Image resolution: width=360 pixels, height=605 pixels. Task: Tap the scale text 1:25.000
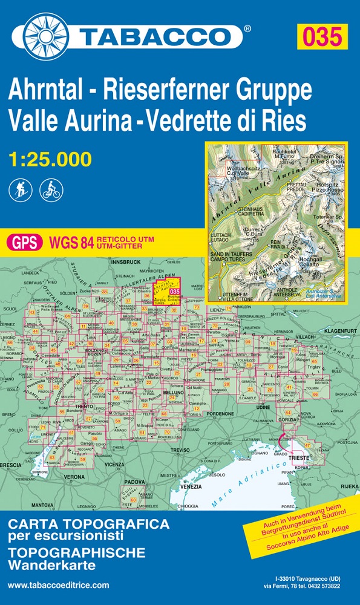click(x=50, y=159)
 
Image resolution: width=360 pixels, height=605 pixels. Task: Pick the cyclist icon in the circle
click(x=50, y=190)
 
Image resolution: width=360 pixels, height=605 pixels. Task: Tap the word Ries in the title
click(x=285, y=120)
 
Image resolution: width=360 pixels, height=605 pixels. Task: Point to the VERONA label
click(x=74, y=477)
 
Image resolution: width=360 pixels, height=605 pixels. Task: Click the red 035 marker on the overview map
click(x=174, y=292)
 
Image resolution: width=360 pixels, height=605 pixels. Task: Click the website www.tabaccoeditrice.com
click(x=59, y=584)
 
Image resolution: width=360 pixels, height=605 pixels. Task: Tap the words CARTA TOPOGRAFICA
click(x=88, y=523)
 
